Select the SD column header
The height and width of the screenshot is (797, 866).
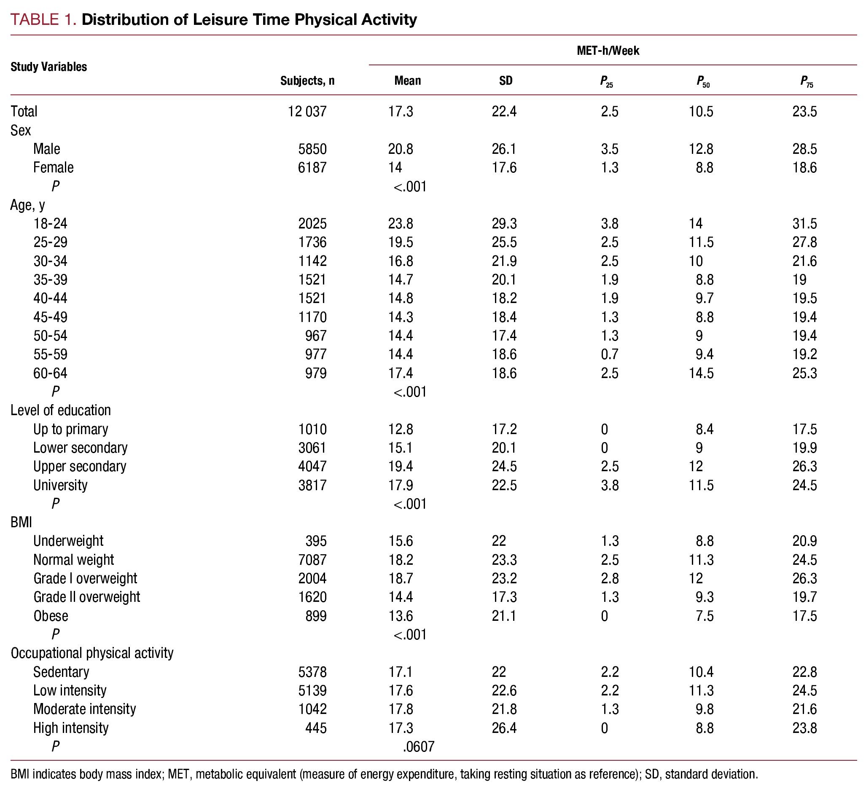point(506,81)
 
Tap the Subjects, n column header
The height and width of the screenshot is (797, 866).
point(307,81)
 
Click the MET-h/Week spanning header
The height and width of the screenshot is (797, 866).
point(608,51)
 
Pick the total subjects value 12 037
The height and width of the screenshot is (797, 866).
point(307,112)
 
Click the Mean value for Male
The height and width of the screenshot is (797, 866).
point(401,149)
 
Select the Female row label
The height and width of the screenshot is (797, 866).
point(54,168)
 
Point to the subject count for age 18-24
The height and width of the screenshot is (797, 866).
point(312,223)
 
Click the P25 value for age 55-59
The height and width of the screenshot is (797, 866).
point(609,354)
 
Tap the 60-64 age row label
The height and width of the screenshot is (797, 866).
point(51,373)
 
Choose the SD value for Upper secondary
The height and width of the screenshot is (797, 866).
point(504,467)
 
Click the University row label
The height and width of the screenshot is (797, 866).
point(60,485)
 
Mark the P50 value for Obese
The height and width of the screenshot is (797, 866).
point(704,616)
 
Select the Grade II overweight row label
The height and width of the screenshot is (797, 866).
point(87,597)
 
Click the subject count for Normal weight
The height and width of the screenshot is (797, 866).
point(312,560)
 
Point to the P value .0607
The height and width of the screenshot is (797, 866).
point(418,746)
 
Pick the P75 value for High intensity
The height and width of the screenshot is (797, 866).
point(804,728)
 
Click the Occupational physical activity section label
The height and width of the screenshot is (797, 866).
point(92,653)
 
